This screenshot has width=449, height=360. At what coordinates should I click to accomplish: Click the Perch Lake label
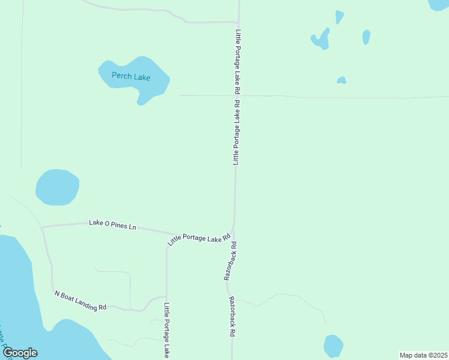[x=131, y=77]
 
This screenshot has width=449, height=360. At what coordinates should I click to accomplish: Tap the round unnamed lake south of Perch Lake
[x=57, y=187]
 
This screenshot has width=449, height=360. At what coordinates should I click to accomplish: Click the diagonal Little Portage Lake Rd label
[x=199, y=239]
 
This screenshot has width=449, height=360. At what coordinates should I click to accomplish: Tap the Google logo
[x=20, y=353]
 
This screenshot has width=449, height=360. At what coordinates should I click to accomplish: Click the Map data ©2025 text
[x=423, y=355]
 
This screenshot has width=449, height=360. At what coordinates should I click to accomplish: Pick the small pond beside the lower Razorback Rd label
[x=333, y=346]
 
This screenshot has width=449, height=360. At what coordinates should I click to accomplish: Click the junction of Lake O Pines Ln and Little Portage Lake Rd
[x=175, y=235]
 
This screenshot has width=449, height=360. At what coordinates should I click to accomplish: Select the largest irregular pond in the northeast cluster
[x=321, y=40]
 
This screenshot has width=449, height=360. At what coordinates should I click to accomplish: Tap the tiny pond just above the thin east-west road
[x=342, y=80]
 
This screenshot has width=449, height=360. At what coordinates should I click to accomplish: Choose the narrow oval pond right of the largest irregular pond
[x=366, y=37]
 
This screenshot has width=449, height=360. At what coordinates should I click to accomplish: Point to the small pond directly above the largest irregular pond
[x=339, y=17]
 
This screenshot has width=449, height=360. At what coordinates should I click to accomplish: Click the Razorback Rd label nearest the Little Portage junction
[x=231, y=261]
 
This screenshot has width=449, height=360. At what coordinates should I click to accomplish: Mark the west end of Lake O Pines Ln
[x=41, y=227]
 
